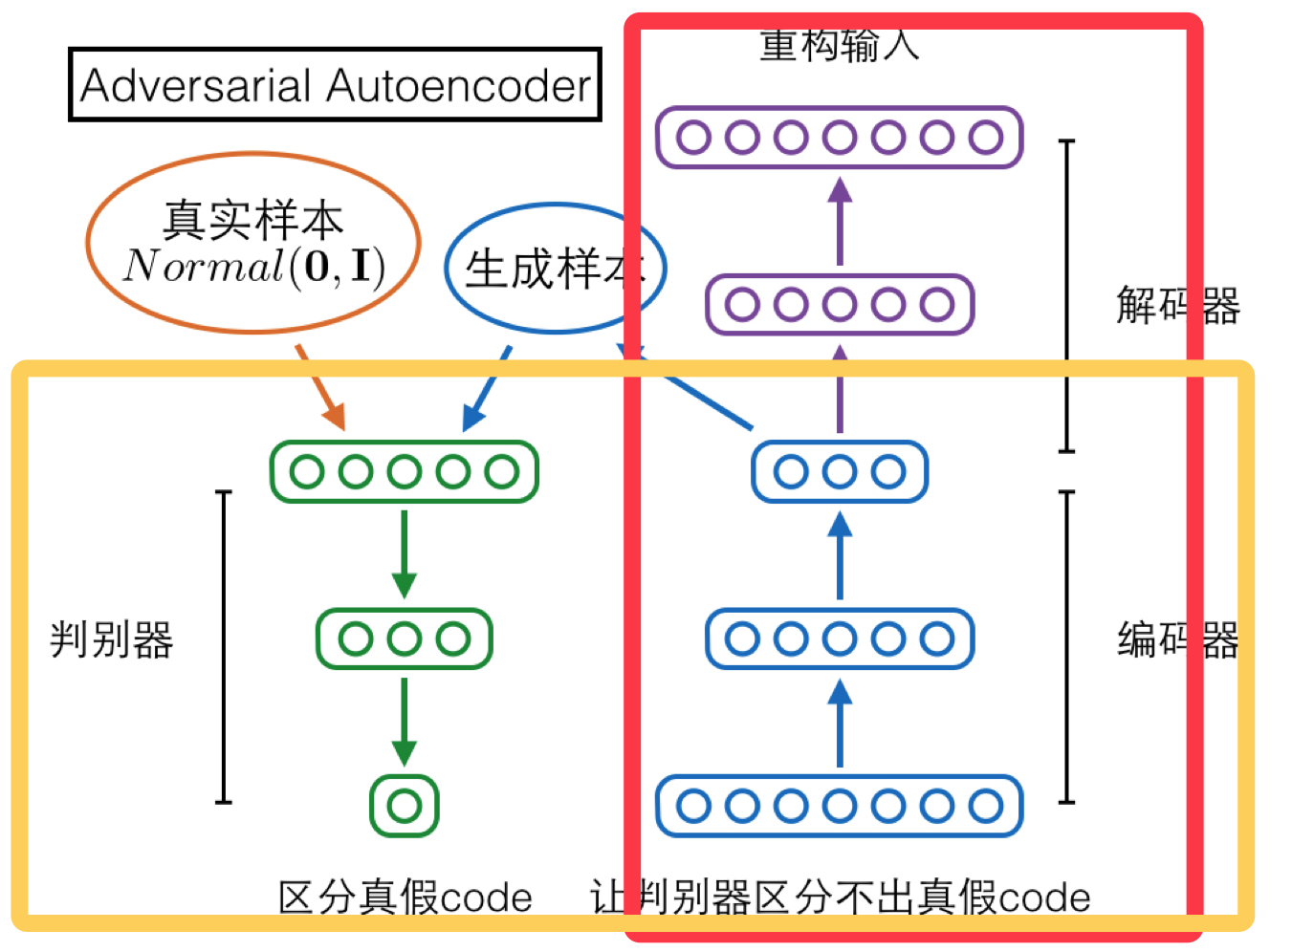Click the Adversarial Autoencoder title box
pos(335,85)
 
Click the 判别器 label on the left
pos(111,639)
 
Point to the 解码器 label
pos(1177,306)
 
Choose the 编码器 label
pos(1177,639)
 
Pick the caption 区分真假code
pos(405,898)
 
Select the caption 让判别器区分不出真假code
pos(840,898)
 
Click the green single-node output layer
pos(405,806)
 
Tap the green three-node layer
pos(405,638)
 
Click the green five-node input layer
pos(405,471)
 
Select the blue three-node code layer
pos(840,471)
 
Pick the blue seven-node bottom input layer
pos(840,806)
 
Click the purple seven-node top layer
pos(840,138)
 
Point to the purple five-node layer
pos(840,305)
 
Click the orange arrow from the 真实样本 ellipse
pos(320,387)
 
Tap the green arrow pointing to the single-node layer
pos(405,722)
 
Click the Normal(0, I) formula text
pos(254,267)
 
